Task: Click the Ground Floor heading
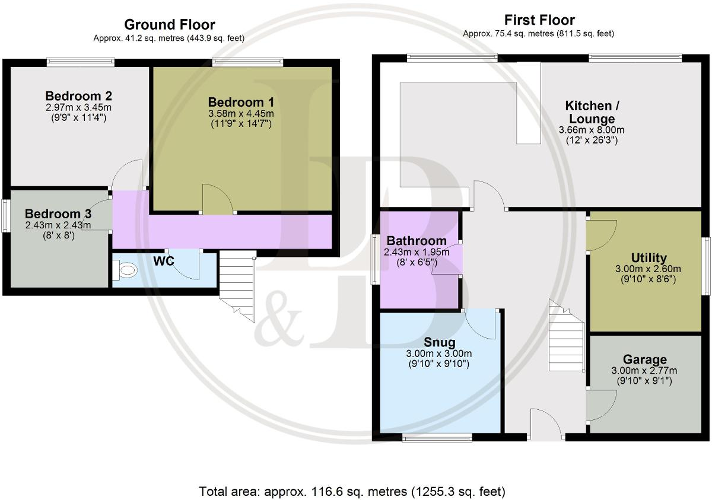169,25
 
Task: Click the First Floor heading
539,20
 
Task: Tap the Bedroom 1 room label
240,101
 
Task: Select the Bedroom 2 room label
79,96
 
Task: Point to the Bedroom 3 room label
58,214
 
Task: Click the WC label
163,262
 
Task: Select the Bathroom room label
416,241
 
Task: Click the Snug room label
439,342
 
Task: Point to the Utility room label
648,258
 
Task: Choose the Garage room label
644,359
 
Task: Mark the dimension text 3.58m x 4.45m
240,113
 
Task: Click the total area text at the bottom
352,491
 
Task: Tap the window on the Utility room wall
706,266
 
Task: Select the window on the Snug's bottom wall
437,438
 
